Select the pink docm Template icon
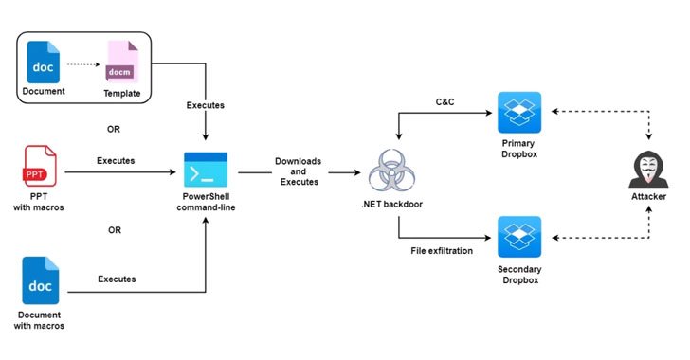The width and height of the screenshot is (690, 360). pos(120,63)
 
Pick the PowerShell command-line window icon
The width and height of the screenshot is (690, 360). pos(205,171)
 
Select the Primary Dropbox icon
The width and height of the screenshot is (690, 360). pos(518,113)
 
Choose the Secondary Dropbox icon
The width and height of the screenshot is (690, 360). pos(518,237)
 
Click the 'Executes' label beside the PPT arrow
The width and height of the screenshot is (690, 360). pos(116,160)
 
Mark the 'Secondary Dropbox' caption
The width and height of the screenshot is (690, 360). pos(518,275)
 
